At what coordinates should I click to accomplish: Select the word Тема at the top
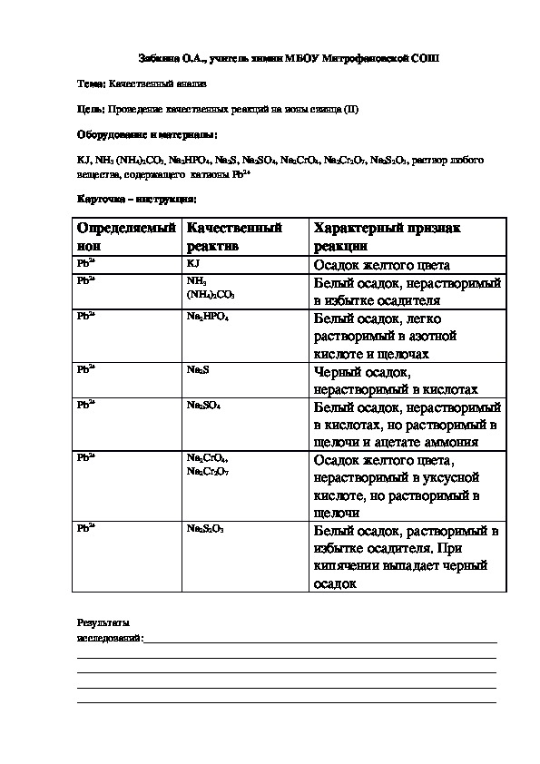tap(91, 83)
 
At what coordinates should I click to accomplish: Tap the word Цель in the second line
tap(91, 110)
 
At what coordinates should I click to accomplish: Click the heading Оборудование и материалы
tap(147, 134)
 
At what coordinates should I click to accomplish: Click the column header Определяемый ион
tap(126, 237)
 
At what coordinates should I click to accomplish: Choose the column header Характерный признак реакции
tap(388, 237)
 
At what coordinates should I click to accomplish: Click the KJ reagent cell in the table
tap(192, 262)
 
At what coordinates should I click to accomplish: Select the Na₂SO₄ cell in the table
tap(203, 405)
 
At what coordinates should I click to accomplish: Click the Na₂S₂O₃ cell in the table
tap(205, 527)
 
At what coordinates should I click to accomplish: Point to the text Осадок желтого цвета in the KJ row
tap(381, 265)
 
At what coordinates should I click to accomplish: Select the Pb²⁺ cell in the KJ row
tap(86, 262)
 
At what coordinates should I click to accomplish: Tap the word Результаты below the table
tap(103, 623)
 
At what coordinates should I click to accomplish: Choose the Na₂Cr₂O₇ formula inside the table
tap(208, 471)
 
